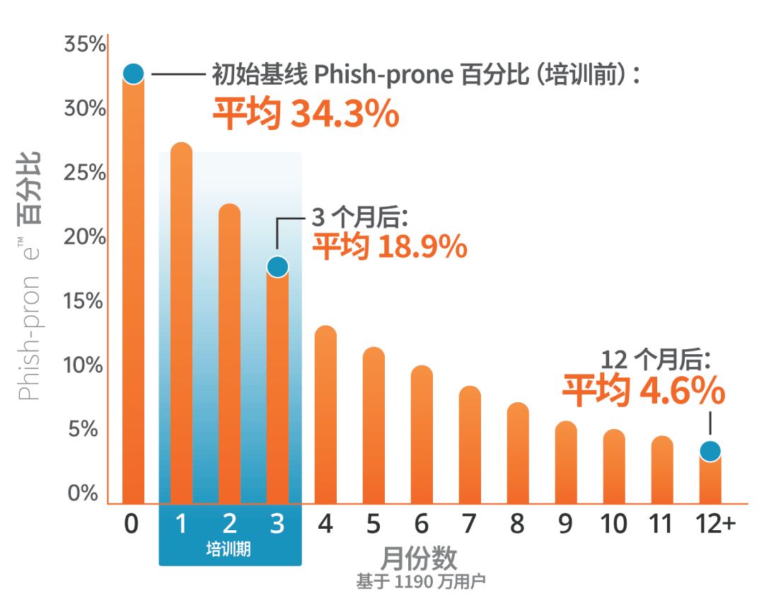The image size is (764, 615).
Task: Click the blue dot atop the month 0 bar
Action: click(133, 73)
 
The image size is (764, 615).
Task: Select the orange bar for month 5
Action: click(374, 424)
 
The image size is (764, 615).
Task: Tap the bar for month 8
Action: click(518, 452)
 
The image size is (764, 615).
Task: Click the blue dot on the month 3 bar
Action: click(277, 266)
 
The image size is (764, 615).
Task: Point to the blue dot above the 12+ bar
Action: click(710, 450)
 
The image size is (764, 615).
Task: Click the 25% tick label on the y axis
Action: click(85, 173)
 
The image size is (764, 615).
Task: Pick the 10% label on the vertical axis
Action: click(85, 365)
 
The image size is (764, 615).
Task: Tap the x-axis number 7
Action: click(469, 525)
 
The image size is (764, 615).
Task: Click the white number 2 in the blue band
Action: click(229, 525)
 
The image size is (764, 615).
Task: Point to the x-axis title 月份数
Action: click(419, 560)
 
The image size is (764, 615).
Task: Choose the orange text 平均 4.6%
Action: click(644, 391)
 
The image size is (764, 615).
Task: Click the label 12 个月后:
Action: click(655, 360)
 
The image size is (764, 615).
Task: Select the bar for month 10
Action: click(614, 467)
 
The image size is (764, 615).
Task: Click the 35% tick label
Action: click(85, 45)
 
